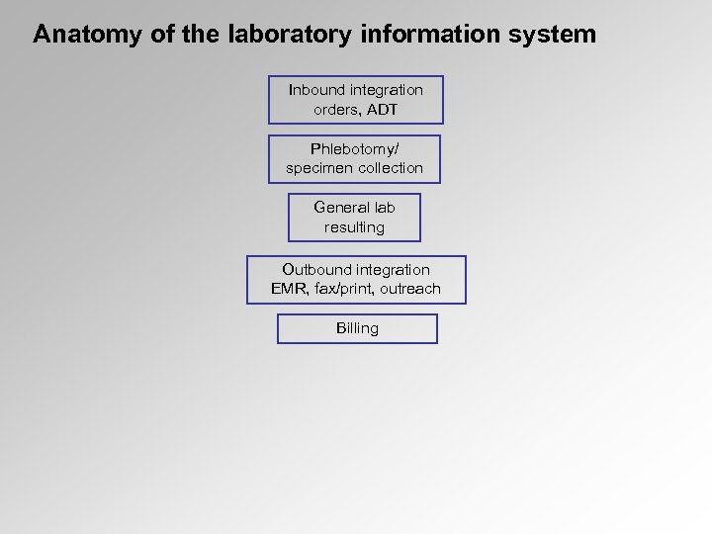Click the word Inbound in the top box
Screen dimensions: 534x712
[x=317, y=90]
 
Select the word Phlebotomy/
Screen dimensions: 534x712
[x=355, y=149]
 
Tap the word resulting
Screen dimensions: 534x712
[x=354, y=227]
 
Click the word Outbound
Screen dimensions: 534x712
[x=315, y=270]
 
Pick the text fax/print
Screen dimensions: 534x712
[x=341, y=289]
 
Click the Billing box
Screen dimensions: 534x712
[x=357, y=328]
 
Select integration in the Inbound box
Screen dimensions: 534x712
[x=387, y=90]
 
